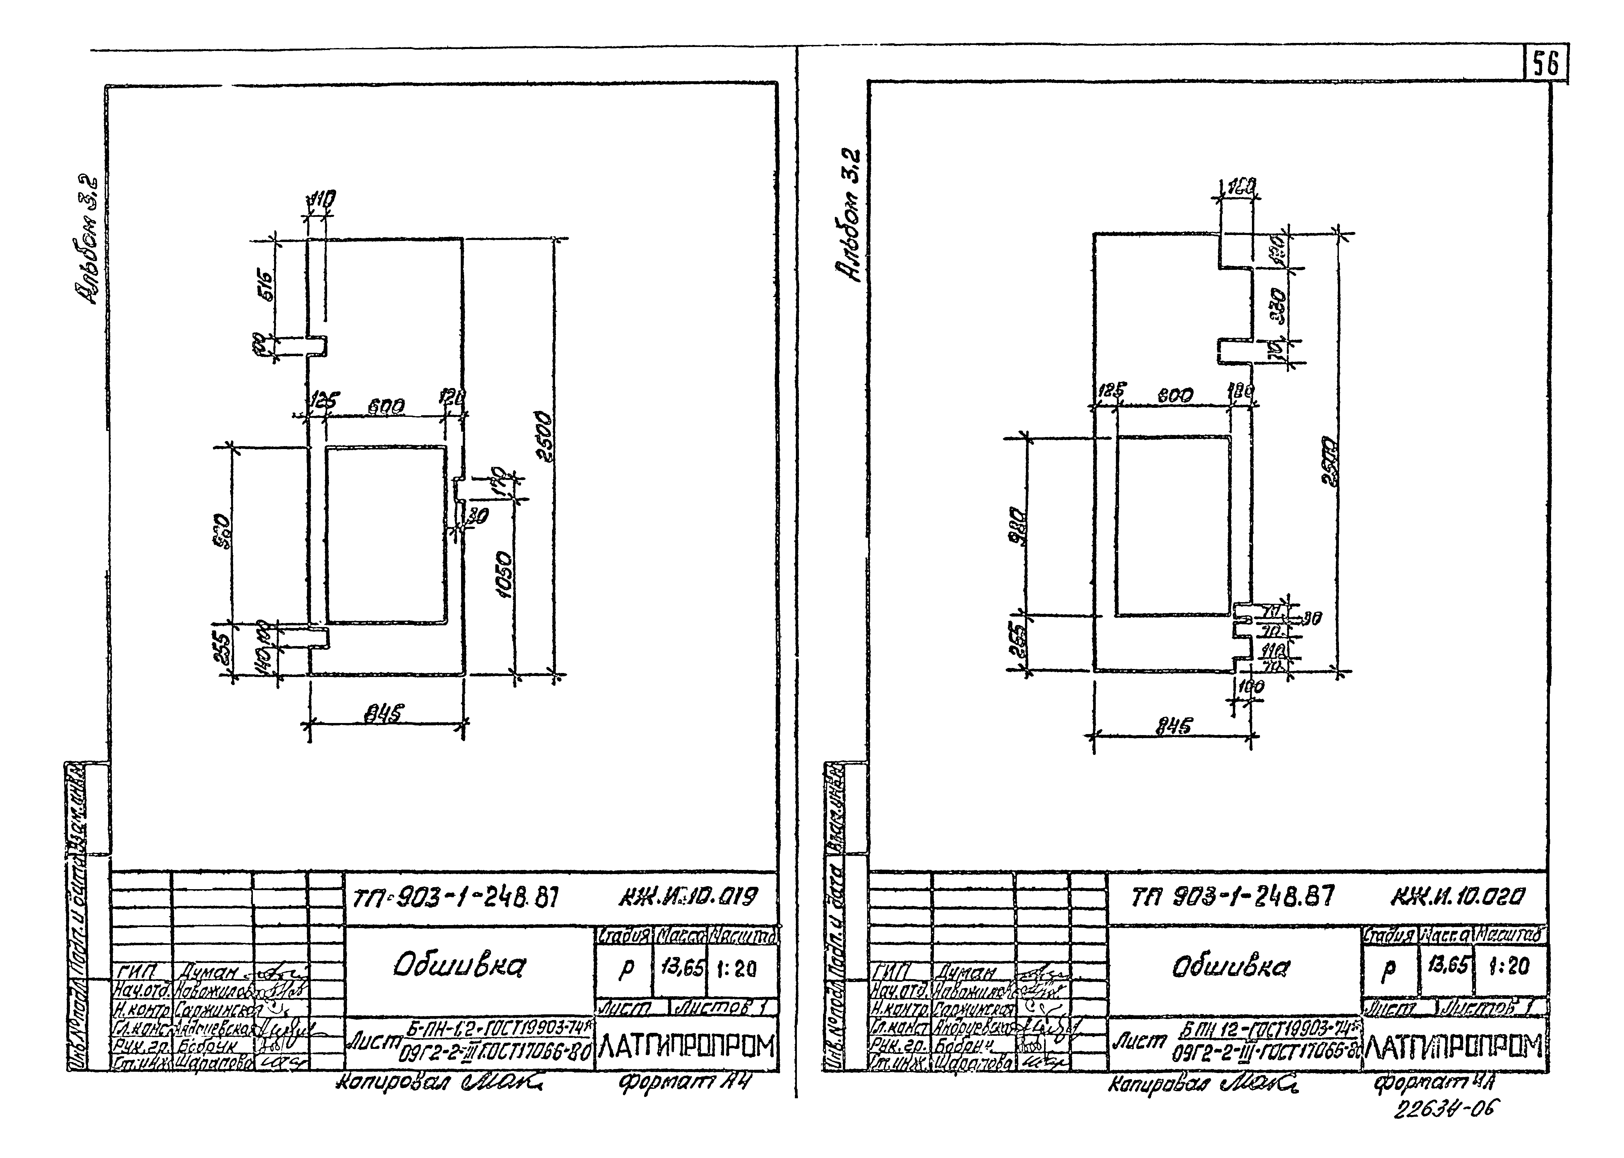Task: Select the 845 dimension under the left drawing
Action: click(386, 712)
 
